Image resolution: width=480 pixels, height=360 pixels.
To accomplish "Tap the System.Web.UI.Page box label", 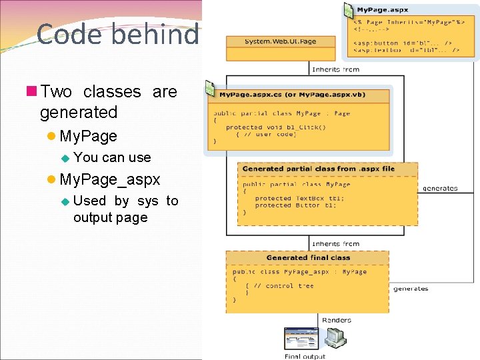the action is click(x=280, y=41).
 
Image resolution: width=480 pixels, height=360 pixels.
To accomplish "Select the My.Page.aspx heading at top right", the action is click(x=382, y=10).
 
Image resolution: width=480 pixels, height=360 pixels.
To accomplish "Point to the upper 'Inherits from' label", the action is click(x=335, y=69).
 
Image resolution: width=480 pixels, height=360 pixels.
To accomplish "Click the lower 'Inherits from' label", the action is click(x=335, y=244).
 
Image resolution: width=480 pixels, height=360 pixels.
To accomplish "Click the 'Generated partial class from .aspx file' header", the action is click(x=318, y=169).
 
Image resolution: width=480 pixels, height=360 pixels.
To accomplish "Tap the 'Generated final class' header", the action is click(x=307, y=257).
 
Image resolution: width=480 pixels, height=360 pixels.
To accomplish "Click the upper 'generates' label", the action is click(x=440, y=188).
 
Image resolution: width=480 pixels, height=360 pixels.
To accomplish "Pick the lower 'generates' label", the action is click(x=411, y=289).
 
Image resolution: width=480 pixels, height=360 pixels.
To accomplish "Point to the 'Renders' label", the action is click(x=337, y=320).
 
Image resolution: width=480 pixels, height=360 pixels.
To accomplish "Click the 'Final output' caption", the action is click(x=305, y=356).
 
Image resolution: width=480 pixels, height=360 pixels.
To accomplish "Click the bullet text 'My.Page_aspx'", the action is click(x=109, y=179).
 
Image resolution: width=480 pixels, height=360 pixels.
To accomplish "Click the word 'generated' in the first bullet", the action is click(x=79, y=112).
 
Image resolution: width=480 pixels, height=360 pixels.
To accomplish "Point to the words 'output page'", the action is click(x=110, y=217).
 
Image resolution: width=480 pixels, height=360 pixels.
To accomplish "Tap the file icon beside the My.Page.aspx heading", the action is click(x=348, y=11).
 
